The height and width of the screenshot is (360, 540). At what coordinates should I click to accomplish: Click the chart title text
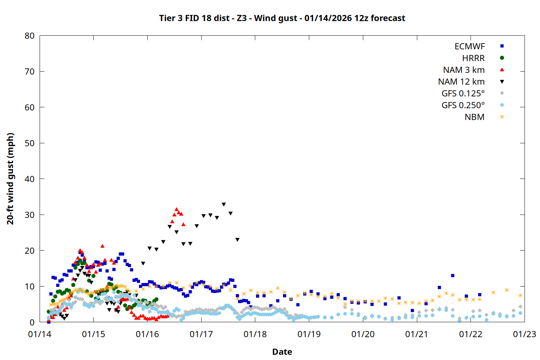coord(282,18)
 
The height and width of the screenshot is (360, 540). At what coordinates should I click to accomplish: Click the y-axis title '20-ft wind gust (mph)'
coord(10,179)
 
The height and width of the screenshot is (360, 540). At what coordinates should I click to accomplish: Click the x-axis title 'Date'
coord(282,352)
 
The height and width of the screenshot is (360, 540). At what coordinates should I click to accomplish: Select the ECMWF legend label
coord(469,46)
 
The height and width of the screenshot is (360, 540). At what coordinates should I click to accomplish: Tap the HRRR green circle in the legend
coord(502,58)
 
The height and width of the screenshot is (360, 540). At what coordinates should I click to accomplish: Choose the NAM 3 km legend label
coord(464,70)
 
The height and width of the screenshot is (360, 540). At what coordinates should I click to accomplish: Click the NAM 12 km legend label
coord(461,82)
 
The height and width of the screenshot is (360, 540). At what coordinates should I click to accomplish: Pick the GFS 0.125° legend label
coord(463,94)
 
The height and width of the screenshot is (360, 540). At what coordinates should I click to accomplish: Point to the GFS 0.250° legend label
coord(463,105)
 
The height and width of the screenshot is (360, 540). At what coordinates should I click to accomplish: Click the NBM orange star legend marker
coord(502,117)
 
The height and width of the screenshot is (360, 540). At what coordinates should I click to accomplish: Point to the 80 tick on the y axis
coord(30,36)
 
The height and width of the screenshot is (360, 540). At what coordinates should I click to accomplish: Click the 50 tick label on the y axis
coord(30,143)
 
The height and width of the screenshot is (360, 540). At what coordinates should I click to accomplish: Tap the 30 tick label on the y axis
coord(30,215)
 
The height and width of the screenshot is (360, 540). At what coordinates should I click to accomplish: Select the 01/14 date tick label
coord(40,334)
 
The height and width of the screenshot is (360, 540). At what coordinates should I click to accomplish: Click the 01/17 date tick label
coord(201,334)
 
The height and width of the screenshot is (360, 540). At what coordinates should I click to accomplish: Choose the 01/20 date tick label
coord(363,334)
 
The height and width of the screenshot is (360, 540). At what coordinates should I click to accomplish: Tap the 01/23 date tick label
coord(525,334)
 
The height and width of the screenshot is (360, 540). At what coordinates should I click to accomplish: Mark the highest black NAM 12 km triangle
coord(224,204)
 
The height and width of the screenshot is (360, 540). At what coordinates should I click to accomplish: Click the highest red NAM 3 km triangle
coord(176,209)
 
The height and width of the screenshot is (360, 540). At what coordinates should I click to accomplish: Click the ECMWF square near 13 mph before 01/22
coord(453,276)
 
